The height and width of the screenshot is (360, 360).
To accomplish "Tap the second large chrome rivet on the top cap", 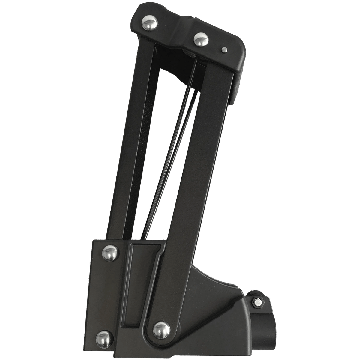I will click(x=199, y=39).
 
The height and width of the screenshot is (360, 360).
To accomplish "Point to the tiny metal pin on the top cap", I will click(x=224, y=49).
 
